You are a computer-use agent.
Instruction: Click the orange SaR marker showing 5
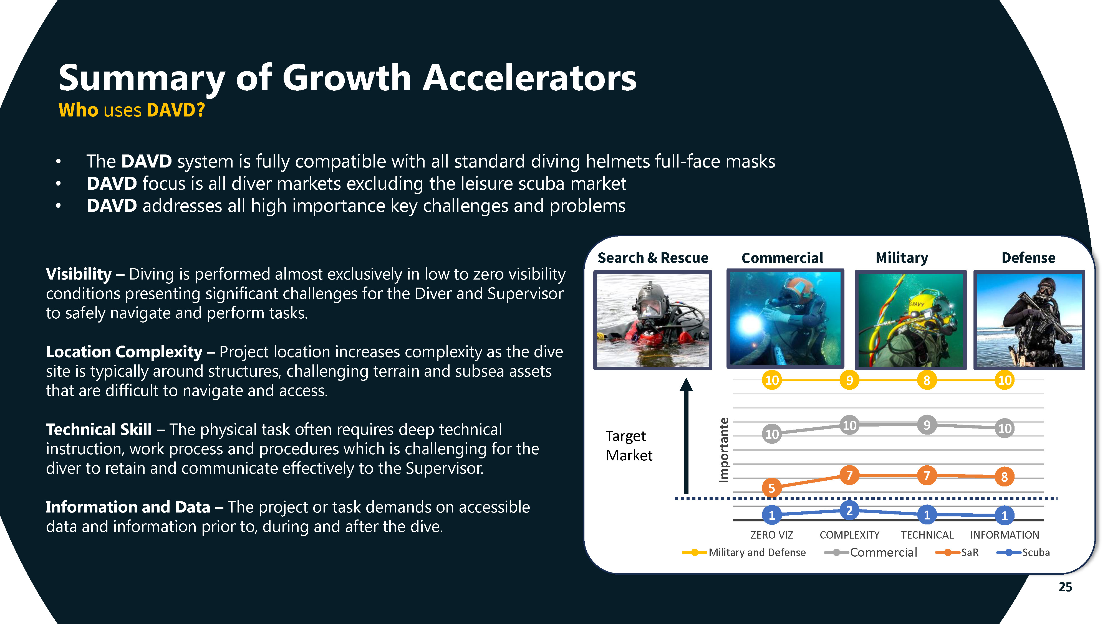click(771, 488)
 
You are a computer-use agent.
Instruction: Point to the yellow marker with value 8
click(927, 380)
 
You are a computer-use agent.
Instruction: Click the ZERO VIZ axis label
click(771, 535)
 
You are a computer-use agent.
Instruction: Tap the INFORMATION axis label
click(1005, 535)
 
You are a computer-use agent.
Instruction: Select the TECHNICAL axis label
click(927, 535)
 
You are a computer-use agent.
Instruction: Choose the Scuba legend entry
click(1023, 552)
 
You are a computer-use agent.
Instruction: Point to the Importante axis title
click(724, 450)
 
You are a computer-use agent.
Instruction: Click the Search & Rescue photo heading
click(653, 258)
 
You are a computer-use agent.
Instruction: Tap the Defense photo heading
click(1028, 258)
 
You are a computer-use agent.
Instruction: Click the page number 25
click(1065, 587)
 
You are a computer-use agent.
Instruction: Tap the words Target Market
click(629, 446)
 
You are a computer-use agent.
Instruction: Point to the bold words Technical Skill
click(99, 429)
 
